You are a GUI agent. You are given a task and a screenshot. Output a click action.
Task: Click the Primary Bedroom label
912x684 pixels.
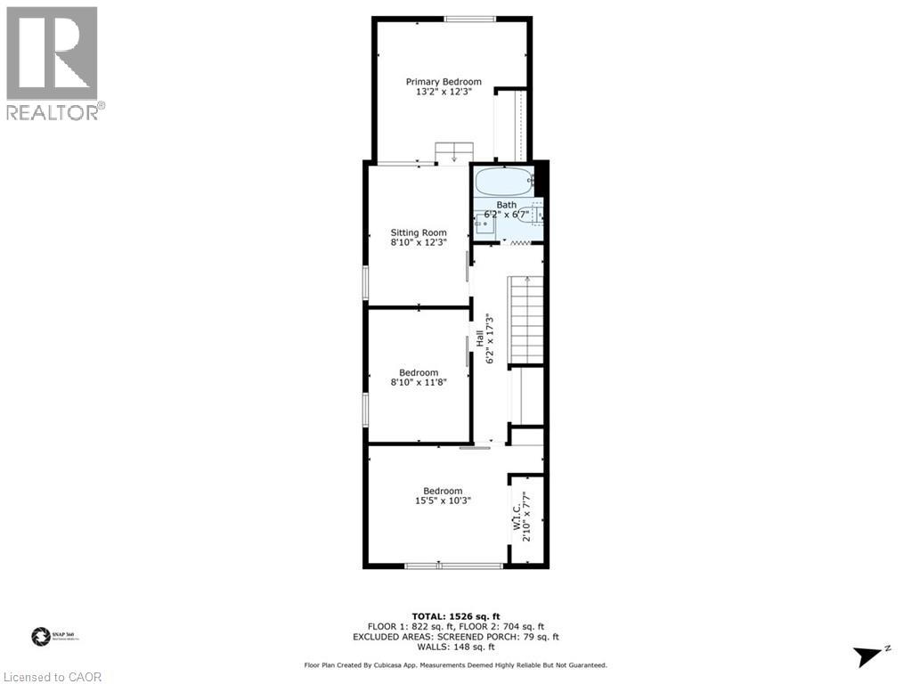(x=444, y=81)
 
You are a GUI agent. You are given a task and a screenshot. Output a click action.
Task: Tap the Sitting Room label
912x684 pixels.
(x=419, y=232)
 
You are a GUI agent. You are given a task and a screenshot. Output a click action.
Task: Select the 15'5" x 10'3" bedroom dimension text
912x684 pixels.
(x=443, y=501)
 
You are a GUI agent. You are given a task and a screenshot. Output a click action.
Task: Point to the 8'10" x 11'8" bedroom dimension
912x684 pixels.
(x=419, y=382)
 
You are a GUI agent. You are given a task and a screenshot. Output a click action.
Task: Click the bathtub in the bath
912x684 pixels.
(x=504, y=182)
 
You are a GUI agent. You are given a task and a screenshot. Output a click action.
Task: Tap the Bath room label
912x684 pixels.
(x=506, y=205)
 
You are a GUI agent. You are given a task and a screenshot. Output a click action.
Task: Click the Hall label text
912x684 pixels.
(x=479, y=338)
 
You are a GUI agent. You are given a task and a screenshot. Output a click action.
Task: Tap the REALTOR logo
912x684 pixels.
(x=53, y=62)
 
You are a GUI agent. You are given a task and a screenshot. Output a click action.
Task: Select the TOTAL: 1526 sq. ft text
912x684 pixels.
(x=455, y=616)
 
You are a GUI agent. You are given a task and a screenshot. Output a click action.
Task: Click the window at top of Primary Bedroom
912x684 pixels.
(x=470, y=19)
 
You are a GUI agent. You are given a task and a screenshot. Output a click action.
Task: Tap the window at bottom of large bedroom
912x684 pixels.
(x=453, y=565)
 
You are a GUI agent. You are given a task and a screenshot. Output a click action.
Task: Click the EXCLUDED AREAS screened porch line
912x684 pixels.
(x=455, y=636)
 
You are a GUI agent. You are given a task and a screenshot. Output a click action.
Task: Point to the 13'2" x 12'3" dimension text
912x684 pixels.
(x=444, y=91)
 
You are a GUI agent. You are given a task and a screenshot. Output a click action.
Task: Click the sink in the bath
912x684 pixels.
(x=485, y=224)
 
